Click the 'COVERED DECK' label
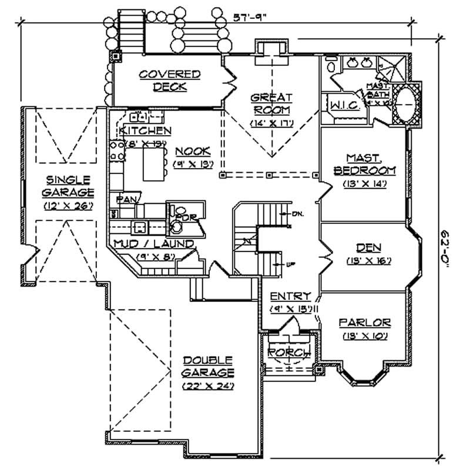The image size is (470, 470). point(170,80)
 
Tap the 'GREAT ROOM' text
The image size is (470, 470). point(271,103)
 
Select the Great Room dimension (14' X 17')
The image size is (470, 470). point(271,123)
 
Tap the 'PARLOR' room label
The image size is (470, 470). point(365,323)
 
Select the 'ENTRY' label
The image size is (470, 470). point(290,297)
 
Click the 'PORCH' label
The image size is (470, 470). point(289,352)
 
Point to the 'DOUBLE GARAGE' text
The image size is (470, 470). point(207,366)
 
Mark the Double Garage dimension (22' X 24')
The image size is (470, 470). point(208,386)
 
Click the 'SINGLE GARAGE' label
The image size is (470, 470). point(69,186)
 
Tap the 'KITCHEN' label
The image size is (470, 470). point(145,130)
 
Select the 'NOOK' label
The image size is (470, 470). point(192,150)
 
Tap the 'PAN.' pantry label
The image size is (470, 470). point(127,200)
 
